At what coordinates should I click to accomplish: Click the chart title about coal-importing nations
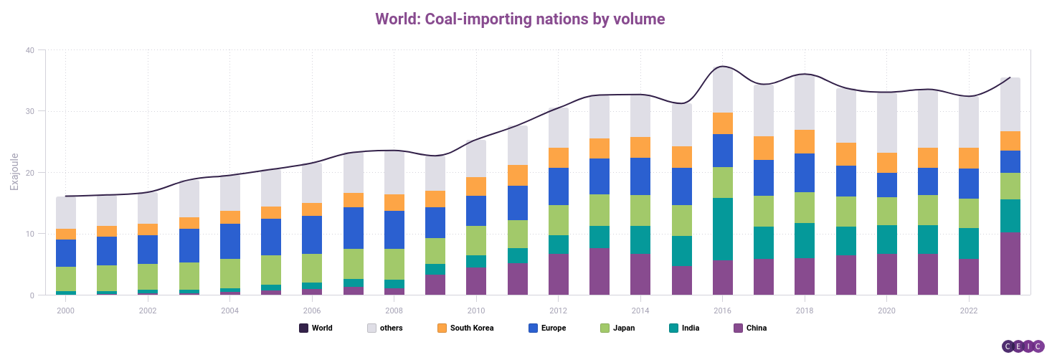pos(520,19)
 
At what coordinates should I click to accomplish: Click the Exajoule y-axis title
pos(14,171)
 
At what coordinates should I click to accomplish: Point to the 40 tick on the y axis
pos(29,50)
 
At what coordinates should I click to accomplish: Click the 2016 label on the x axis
pos(723,311)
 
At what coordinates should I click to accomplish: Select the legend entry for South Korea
pos(465,328)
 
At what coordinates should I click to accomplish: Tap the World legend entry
pos(316,328)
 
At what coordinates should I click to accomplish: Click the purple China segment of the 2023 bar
pos(1010,263)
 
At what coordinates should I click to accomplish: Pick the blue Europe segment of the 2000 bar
pos(66,253)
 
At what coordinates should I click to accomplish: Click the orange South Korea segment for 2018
pos(805,141)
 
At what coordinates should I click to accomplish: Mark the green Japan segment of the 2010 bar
pos(476,240)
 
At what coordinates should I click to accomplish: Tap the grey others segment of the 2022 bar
pos(969,122)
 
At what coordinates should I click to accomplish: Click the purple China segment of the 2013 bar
pos(600,271)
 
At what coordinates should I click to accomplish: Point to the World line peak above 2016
pos(723,67)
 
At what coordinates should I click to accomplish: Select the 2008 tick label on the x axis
pos(394,311)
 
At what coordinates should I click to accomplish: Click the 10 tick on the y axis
pos(29,234)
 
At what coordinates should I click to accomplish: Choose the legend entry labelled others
pos(385,328)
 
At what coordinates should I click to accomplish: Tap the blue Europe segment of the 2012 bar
pos(559,186)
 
